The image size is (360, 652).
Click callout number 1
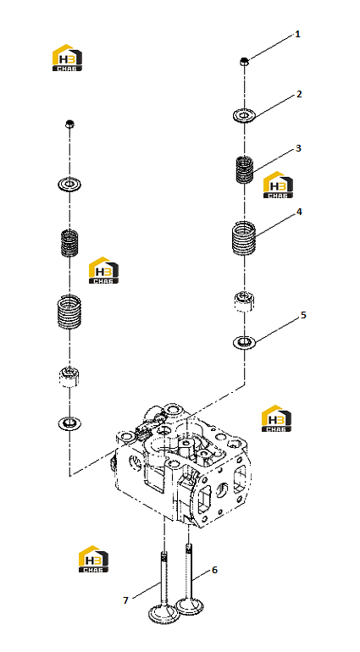pyautogui.click(x=297, y=34)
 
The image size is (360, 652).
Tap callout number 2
pyautogui.click(x=299, y=94)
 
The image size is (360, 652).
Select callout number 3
pyautogui.click(x=298, y=148)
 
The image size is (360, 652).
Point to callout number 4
pyautogui.click(x=299, y=212)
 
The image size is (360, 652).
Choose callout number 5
pyautogui.click(x=303, y=315)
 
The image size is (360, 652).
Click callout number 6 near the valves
pyautogui.click(x=215, y=570)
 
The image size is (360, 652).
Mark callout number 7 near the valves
pyautogui.click(x=125, y=600)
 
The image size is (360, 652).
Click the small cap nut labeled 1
pyautogui.click(x=244, y=62)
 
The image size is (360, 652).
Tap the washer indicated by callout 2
pyautogui.click(x=244, y=115)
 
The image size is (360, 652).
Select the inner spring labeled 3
pyautogui.click(x=244, y=169)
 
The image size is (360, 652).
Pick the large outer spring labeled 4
pyautogui.click(x=244, y=238)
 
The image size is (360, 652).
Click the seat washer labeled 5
pyautogui.click(x=244, y=343)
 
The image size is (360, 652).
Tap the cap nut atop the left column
pyautogui.click(x=69, y=124)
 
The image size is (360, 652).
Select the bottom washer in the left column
pyautogui.click(x=69, y=423)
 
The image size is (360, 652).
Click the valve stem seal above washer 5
pyautogui.click(x=244, y=301)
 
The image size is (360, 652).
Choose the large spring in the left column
pyautogui.click(x=69, y=311)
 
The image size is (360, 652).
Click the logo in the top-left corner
pyautogui.click(x=67, y=58)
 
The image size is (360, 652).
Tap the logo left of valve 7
pyautogui.click(x=94, y=559)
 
